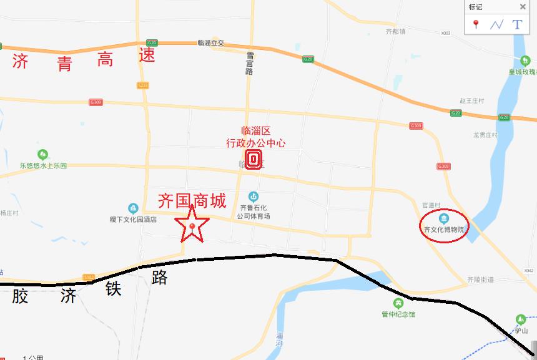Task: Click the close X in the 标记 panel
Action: tap(523, 7)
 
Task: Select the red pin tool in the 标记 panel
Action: tap(476, 24)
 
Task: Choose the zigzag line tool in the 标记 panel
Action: tap(496, 24)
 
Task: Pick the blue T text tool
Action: tap(517, 24)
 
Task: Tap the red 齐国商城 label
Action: tap(192, 201)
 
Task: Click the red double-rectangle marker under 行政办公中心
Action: tap(254, 160)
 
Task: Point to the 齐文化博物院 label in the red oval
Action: tap(443, 230)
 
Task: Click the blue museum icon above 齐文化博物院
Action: tap(443, 218)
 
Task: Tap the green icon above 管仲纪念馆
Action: tap(398, 303)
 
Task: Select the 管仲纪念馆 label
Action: tap(398, 314)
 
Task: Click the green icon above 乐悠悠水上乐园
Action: tap(42, 154)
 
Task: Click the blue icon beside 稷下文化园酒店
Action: tap(133, 208)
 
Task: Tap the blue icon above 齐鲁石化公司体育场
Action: tap(254, 197)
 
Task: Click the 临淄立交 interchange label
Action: tap(210, 43)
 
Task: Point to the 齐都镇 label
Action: tap(396, 31)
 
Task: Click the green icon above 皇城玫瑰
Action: tap(525, 61)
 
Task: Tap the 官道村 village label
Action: tap(431, 205)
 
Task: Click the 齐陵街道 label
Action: tap(480, 280)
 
